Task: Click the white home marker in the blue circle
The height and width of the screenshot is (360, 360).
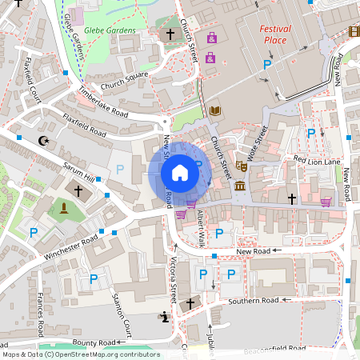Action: [x=180, y=172]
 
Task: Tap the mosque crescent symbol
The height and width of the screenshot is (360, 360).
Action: [x=43, y=141]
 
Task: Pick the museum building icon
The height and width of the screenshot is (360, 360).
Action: [x=240, y=186]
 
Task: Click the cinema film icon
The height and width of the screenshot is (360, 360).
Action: [x=354, y=31]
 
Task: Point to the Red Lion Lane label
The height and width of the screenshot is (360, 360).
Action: [x=317, y=160]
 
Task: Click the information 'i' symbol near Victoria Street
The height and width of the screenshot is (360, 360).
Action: [x=165, y=317]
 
